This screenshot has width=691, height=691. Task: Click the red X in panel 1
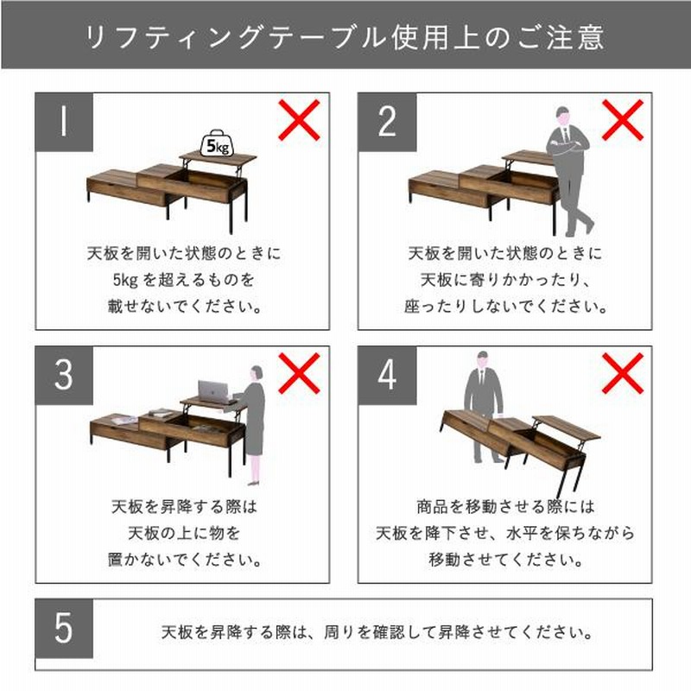pyautogui.click(x=299, y=120)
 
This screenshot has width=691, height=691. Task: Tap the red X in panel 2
pyautogui.click(x=623, y=120)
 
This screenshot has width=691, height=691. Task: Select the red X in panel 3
pyautogui.click(x=299, y=373)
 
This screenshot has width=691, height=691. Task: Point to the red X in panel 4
pyautogui.click(x=623, y=373)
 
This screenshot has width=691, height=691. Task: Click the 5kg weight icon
pyautogui.click(x=217, y=143)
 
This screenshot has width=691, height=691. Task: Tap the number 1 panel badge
pyautogui.click(x=64, y=122)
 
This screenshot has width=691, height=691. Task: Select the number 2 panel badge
pyautogui.click(x=387, y=122)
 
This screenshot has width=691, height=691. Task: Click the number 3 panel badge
pyautogui.click(x=64, y=376)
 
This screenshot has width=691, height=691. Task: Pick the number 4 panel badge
pyautogui.click(x=387, y=376)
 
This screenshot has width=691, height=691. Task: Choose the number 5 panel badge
pyautogui.click(x=64, y=628)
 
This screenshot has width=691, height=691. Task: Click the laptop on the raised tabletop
pyautogui.click(x=214, y=392)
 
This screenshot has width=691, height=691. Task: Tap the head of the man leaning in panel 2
pyautogui.click(x=562, y=117)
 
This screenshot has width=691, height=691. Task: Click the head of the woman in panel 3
pyautogui.click(x=257, y=374)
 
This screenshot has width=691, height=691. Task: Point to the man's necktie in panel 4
pyautogui.click(x=481, y=377)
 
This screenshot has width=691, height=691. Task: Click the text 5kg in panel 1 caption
pyautogui.click(x=125, y=280)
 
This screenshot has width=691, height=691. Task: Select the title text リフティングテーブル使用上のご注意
pyautogui.click(x=345, y=36)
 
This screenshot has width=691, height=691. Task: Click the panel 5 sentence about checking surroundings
pyautogui.click(x=377, y=633)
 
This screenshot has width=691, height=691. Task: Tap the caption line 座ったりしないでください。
pyautogui.click(x=505, y=307)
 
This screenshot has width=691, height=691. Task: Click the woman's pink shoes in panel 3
pyautogui.click(x=253, y=483)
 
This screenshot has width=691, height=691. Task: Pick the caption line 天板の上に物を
pyautogui.click(x=184, y=533)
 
